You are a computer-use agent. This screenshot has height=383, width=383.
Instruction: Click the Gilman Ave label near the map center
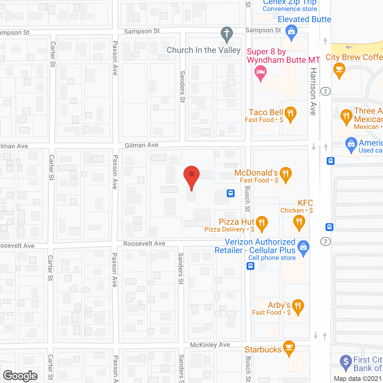tap(142, 145)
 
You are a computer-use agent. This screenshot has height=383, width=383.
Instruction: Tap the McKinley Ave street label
tap(210, 345)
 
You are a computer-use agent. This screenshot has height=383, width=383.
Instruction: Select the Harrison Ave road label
tap(313, 91)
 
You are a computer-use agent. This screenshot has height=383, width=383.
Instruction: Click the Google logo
tap(20, 376)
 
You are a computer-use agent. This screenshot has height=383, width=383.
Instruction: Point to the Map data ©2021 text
tap(358, 379)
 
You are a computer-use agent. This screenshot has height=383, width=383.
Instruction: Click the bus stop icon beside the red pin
tap(230, 193)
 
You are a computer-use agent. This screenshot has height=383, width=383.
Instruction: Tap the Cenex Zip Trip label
tap(290, 3)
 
